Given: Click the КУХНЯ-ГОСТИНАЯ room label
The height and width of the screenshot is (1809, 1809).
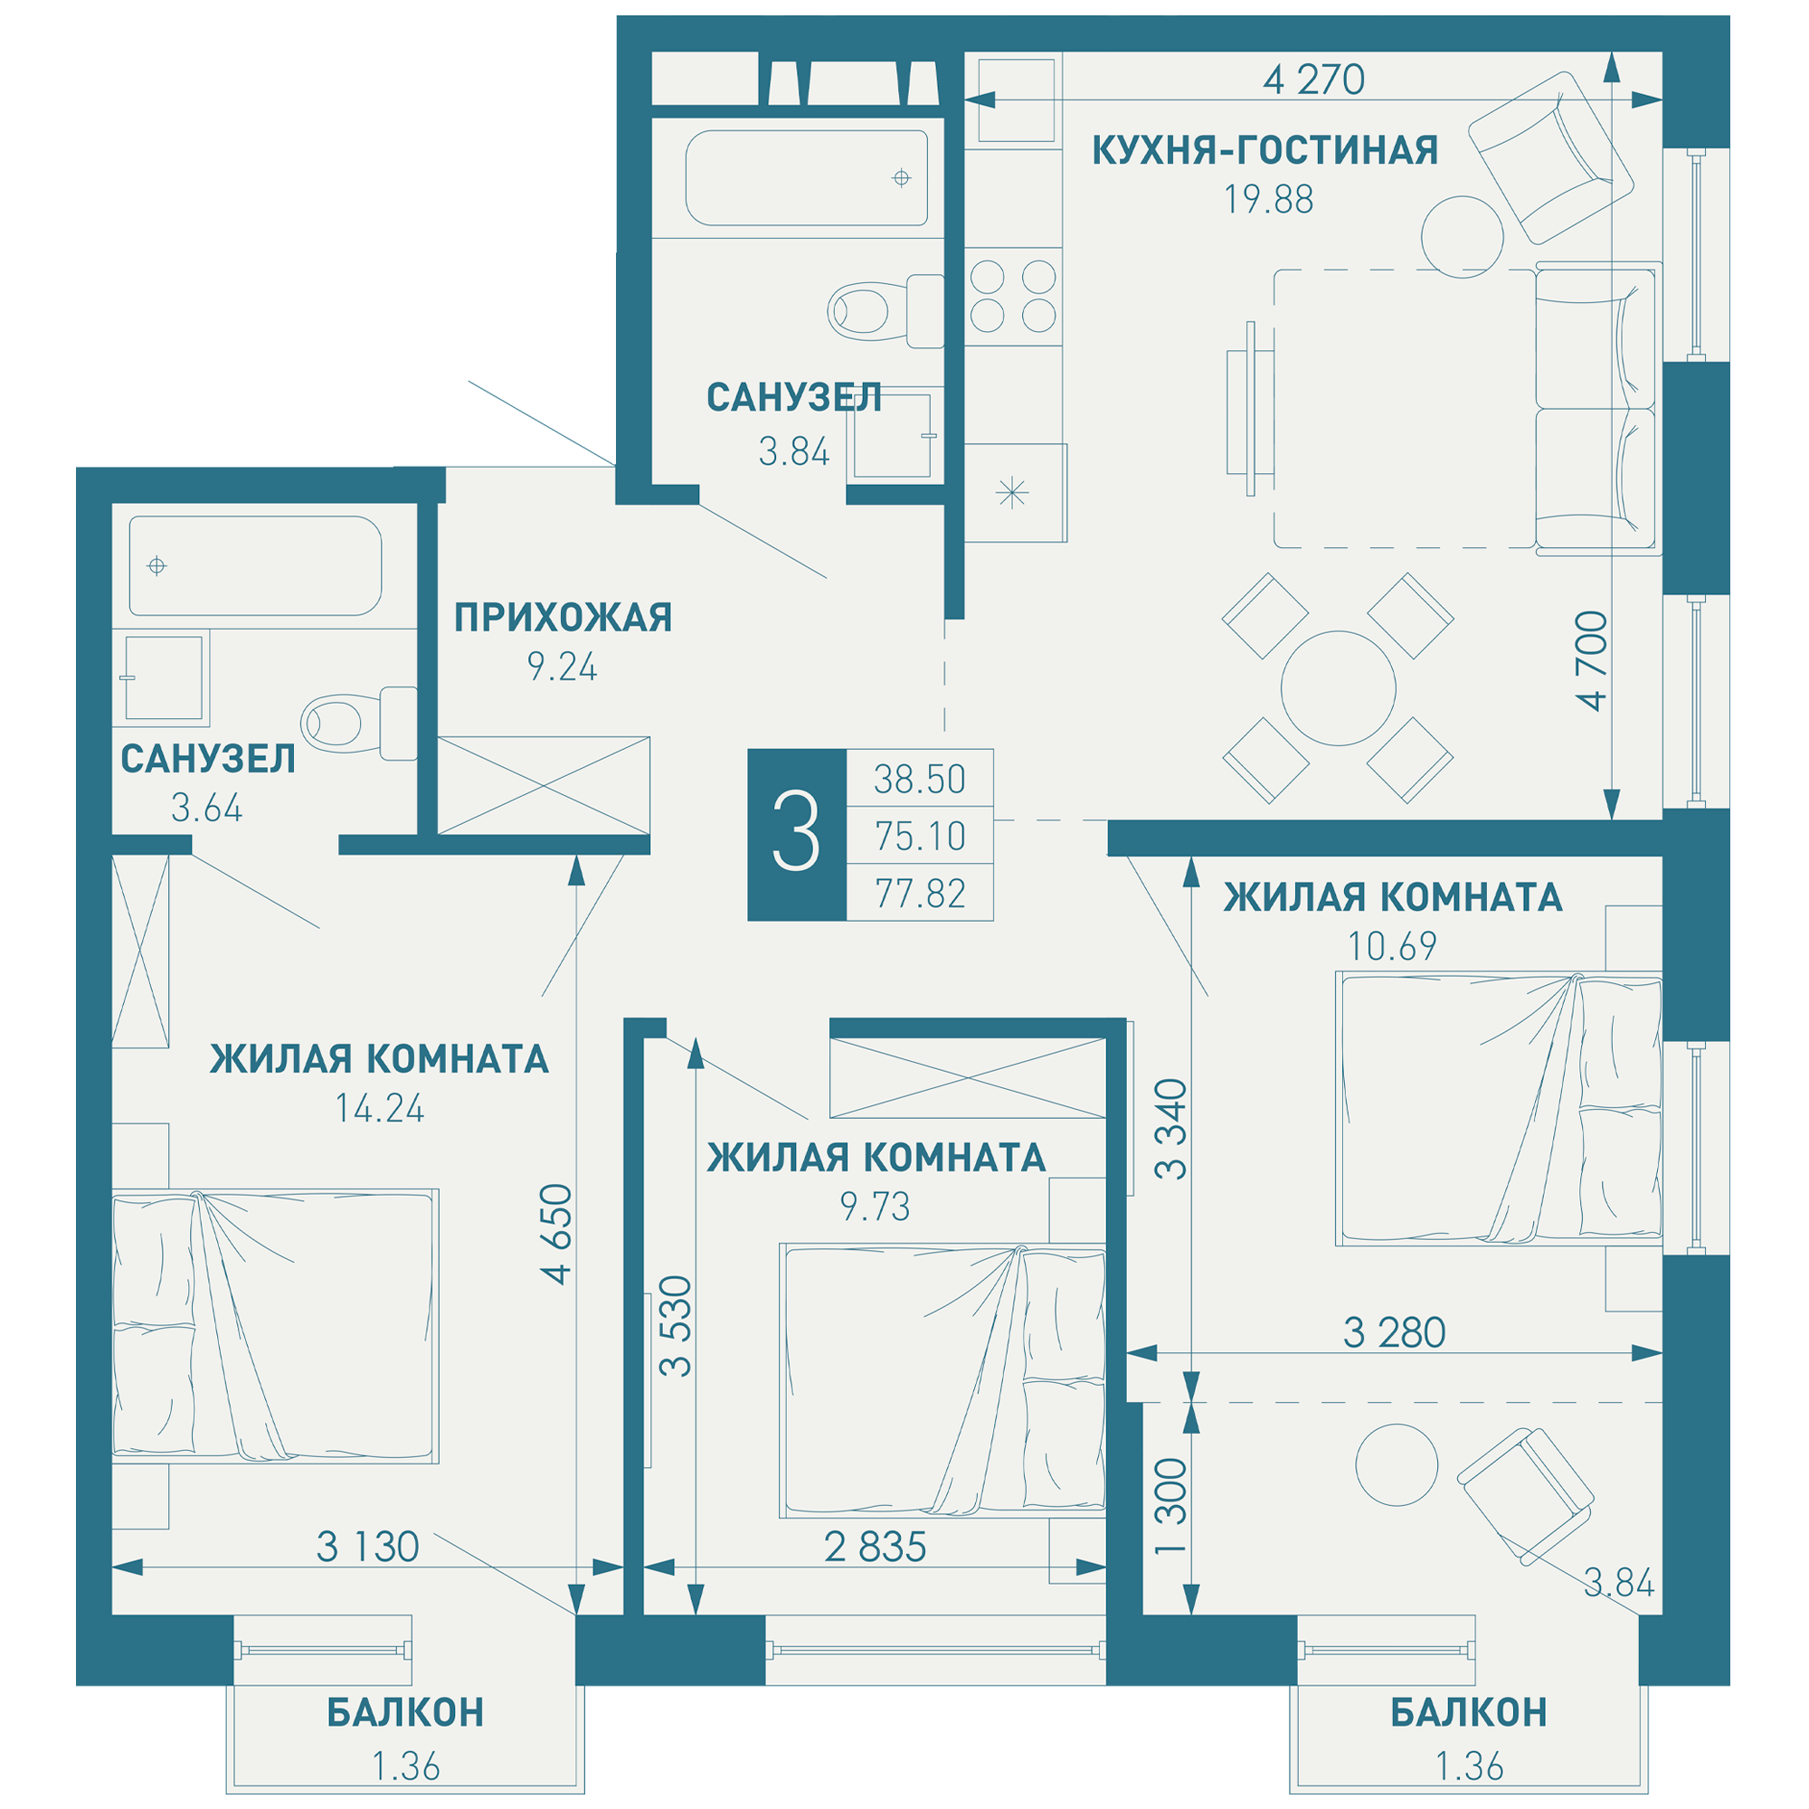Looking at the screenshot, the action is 1265,150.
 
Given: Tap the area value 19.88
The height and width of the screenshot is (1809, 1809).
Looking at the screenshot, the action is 1269,199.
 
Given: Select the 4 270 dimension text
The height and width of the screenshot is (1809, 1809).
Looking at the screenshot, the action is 1313,80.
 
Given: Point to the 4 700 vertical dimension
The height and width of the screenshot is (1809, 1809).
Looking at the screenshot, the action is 1591,661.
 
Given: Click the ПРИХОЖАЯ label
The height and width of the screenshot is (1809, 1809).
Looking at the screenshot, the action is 563,618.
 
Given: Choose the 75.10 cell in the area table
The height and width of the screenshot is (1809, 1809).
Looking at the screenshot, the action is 920,836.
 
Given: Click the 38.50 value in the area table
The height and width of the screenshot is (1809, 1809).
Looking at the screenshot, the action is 920,779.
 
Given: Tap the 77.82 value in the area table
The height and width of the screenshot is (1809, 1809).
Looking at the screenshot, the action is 920,894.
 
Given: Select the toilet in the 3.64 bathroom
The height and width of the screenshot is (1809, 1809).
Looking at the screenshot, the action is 358,723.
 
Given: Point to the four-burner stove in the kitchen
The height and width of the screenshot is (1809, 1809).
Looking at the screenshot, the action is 1013,296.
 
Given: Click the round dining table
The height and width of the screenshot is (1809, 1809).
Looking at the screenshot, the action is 1338,688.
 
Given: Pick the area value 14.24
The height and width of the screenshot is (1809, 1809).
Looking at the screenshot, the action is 379,1109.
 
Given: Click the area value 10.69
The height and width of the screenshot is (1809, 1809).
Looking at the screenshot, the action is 1392,947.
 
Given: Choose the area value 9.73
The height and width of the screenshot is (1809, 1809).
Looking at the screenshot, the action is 875,1207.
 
